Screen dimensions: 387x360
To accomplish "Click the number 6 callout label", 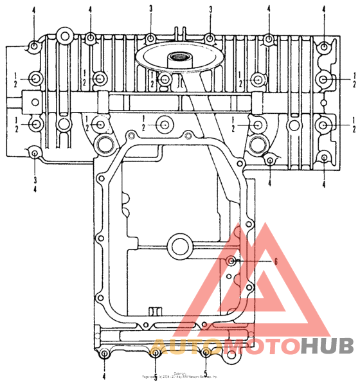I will point(276,261).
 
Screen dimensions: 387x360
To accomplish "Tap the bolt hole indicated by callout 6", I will point(233,261).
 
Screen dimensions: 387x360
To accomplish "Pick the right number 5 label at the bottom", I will point(205,374).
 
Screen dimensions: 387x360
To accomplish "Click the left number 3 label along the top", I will point(150,10).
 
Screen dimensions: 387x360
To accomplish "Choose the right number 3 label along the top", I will point(210,10).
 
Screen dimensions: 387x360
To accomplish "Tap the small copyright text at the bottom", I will point(180,375).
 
